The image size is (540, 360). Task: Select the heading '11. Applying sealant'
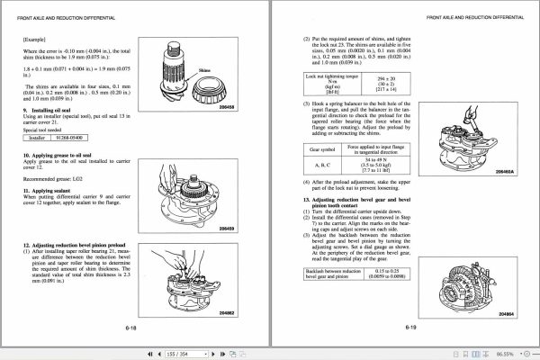click(50, 191)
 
